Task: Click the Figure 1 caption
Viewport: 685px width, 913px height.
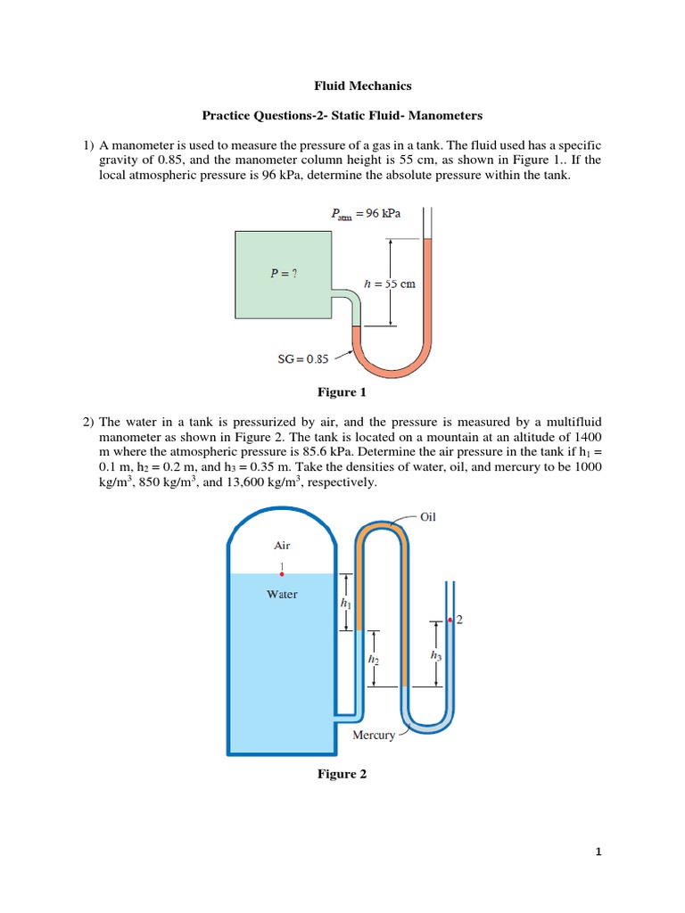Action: pyautogui.click(x=342, y=391)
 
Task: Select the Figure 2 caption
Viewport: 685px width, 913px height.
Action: pyautogui.click(x=342, y=774)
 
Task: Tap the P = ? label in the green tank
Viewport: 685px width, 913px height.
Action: pyautogui.click(x=284, y=274)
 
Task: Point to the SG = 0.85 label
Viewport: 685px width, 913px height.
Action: pyautogui.click(x=304, y=359)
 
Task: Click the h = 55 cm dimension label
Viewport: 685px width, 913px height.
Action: pyautogui.click(x=391, y=284)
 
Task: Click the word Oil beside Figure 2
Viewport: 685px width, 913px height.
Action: pyautogui.click(x=427, y=516)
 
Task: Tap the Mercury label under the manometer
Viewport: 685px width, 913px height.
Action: pyautogui.click(x=374, y=736)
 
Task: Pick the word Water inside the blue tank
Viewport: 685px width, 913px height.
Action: pyautogui.click(x=282, y=594)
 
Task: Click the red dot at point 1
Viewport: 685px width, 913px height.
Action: pyautogui.click(x=282, y=575)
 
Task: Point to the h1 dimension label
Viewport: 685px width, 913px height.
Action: pyautogui.click(x=345, y=604)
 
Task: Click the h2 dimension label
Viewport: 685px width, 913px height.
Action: pyautogui.click(x=372, y=660)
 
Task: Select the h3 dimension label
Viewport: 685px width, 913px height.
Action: pyautogui.click(x=435, y=655)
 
